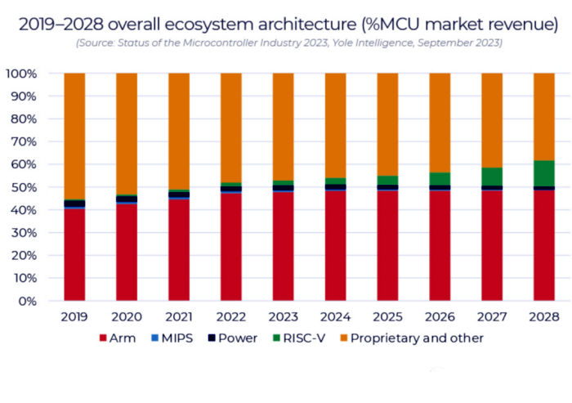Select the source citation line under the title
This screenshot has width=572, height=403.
point(288,43)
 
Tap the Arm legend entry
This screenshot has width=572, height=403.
point(118,338)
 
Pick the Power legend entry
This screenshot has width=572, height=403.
point(235,338)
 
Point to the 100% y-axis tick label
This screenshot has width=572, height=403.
point(21,74)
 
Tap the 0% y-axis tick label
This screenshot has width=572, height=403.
point(28,301)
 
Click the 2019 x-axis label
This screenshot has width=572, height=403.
point(74,316)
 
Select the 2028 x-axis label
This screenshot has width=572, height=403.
point(544,316)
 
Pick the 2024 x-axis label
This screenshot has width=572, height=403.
point(335,316)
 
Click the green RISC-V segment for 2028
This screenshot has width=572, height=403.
point(544,173)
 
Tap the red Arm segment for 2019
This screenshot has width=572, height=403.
point(74,254)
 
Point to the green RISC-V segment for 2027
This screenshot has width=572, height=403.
point(492,177)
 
